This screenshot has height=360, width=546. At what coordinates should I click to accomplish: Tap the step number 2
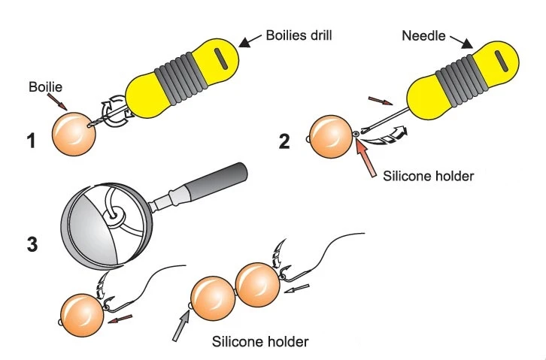point(285,140)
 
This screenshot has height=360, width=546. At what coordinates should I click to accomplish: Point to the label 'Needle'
point(423,35)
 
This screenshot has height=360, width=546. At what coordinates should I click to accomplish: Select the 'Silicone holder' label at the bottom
point(260,342)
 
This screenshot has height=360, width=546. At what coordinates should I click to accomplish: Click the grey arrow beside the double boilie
point(180,325)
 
